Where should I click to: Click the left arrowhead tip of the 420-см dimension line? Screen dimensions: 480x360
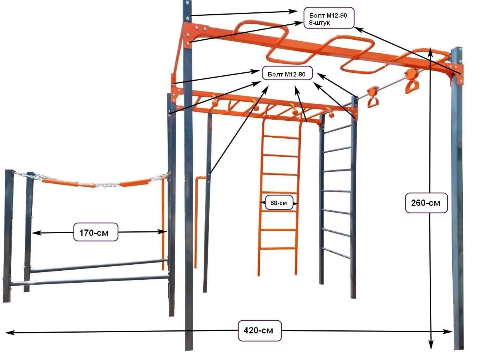(5, 333)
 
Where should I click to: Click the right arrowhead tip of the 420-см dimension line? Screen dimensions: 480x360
(452, 332)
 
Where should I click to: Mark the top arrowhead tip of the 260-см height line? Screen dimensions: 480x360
(430, 47)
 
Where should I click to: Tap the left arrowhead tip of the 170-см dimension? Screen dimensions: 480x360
(32, 233)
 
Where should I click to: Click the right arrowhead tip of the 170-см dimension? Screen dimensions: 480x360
(167, 232)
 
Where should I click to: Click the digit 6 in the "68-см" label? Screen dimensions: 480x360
(272, 203)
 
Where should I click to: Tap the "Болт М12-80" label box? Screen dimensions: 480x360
(287, 73)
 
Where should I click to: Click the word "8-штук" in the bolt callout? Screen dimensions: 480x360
(319, 23)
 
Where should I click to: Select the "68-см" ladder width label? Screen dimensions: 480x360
(279, 203)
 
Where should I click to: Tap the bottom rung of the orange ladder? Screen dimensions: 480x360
(278, 249)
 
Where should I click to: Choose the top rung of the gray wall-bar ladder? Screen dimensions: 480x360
(337, 129)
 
